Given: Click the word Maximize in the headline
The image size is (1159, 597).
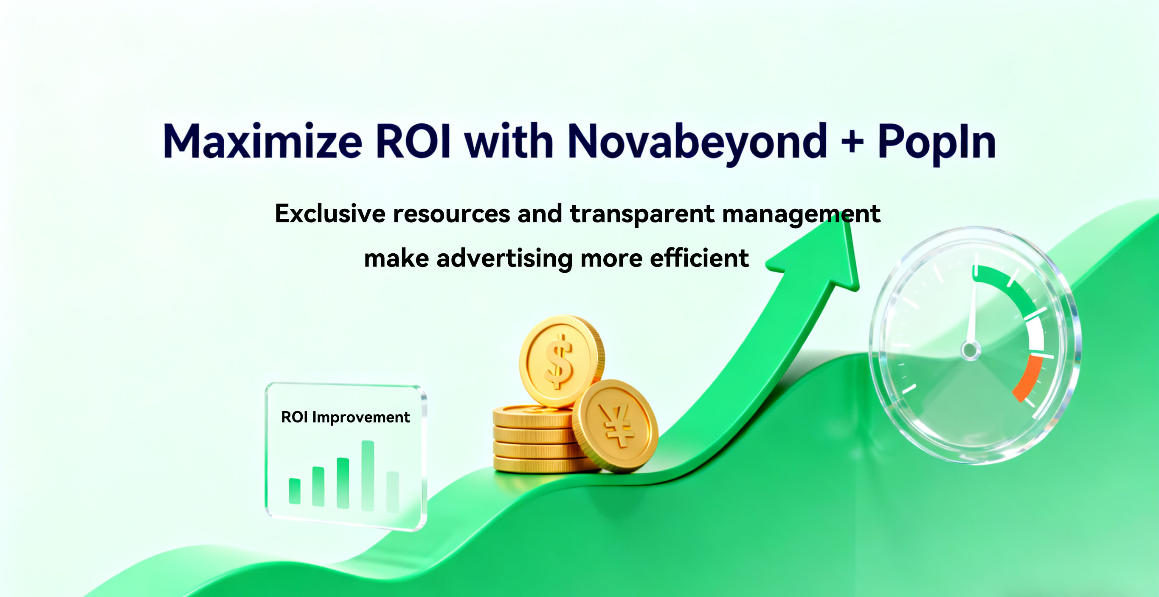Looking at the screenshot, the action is tap(262, 141).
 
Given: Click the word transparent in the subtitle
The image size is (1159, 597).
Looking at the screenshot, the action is tap(642, 215).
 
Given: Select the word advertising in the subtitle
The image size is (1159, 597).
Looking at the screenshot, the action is tap(504, 259).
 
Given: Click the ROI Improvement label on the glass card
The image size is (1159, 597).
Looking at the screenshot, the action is tap(345, 417).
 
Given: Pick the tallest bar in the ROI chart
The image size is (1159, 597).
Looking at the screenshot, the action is tap(368, 476).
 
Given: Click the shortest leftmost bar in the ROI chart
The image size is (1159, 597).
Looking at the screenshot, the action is tap(295, 491).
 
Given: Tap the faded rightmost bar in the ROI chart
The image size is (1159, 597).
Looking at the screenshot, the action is tap(393, 492).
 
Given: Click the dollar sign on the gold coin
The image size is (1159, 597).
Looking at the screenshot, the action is tap(559, 361).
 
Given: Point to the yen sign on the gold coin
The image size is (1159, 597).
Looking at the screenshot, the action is tap(615, 425).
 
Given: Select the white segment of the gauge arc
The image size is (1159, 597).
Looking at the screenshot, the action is tap(1035, 334).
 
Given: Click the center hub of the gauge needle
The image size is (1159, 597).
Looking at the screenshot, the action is tap(971, 350).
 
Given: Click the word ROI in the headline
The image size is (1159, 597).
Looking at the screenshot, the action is tap(413, 141).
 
